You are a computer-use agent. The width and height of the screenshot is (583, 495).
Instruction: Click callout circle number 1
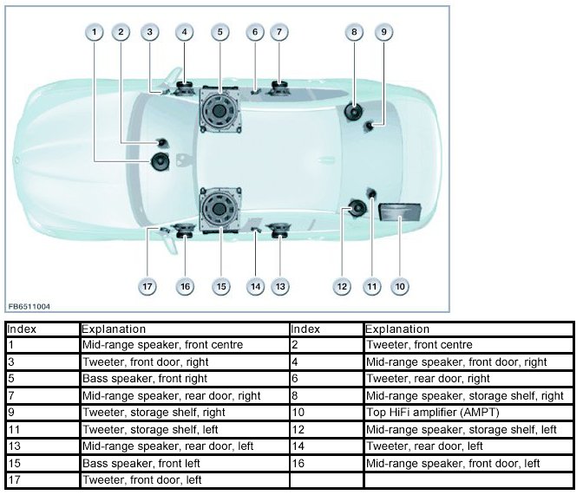[93, 32]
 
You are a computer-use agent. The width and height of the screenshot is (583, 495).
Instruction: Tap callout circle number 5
[220, 32]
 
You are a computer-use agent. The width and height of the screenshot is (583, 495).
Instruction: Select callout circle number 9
[383, 32]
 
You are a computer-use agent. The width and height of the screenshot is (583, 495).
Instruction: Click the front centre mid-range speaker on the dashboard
[160, 161]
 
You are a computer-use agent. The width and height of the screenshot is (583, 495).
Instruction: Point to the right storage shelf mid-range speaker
[354, 111]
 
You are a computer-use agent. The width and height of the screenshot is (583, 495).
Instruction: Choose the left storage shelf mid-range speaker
[356, 208]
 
